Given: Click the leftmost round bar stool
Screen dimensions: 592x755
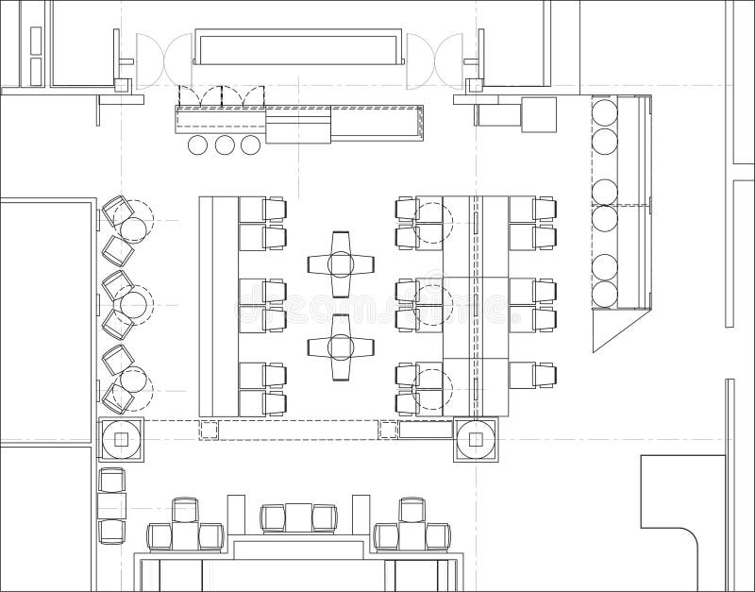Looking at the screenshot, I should coord(198,144).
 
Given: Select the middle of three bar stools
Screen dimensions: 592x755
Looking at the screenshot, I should coord(225,144).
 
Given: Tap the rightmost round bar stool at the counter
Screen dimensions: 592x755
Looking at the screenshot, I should coord(250,144).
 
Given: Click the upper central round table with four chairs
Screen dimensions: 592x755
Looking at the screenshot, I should coord(341,263).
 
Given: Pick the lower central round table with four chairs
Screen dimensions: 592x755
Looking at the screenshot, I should coord(341,347).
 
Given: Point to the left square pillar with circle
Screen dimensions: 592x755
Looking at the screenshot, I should coord(121,439).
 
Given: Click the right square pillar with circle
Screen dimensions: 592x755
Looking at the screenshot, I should coord(477,439).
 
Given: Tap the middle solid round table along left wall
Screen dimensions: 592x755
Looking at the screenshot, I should coord(135,305).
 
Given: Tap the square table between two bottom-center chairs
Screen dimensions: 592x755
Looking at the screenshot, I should coord(298,517).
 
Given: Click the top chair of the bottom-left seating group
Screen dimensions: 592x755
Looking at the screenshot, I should coord(185,510).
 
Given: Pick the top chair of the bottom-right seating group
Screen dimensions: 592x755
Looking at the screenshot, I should coord(411,510).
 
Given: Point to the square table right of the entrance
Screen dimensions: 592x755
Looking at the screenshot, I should coord(540,114).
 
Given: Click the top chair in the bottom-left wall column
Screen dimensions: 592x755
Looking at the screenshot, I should coord(111,480).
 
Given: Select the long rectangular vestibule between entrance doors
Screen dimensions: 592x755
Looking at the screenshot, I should coord(299,46).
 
